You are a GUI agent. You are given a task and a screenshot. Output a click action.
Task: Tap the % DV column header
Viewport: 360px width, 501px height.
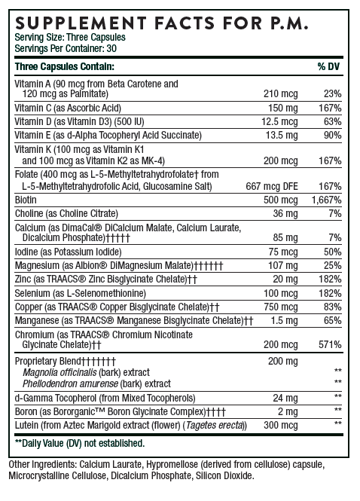pyautogui.click(x=330, y=67)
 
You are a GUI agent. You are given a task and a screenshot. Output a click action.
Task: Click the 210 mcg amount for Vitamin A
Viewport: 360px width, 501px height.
pyautogui.click(x=282, y=93)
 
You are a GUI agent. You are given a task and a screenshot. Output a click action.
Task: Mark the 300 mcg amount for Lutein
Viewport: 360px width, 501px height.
pyautogui.click(x=281, y=423)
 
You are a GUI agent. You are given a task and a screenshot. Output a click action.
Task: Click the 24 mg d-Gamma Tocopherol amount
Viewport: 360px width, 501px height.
pyautogui.click(x=285, y=397)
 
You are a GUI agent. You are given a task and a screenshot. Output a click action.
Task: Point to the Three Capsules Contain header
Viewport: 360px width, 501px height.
pyautogui.click(x=56, y=67)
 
